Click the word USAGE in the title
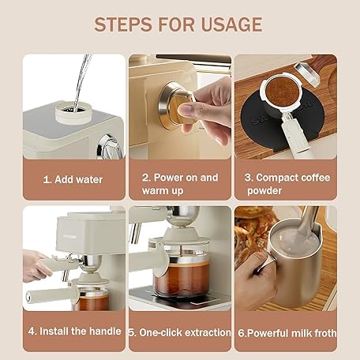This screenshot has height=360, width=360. (231, 24)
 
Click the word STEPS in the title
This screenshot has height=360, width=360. (123, 24)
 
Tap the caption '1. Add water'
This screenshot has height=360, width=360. (73, 180)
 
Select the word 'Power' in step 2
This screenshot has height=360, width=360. (167, 178)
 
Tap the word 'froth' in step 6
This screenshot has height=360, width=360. (326, 333)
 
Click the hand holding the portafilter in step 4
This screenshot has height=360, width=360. (36, 266)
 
